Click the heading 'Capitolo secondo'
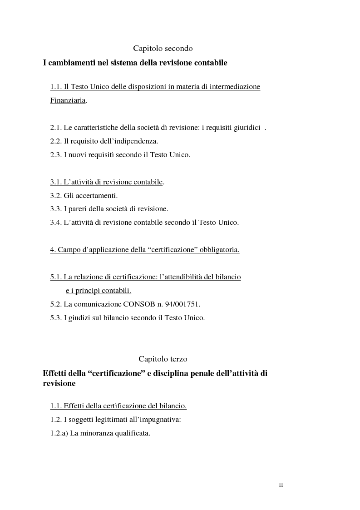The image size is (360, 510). click(163, 48)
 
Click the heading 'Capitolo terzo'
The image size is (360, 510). click(163, 359)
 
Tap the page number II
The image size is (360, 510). click(281, 485)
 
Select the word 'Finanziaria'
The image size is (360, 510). click(68, 101)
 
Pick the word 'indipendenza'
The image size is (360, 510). click(137, 141)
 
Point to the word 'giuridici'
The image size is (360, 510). click(247, 128)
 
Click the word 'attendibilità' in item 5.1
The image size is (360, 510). click(180, 277)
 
